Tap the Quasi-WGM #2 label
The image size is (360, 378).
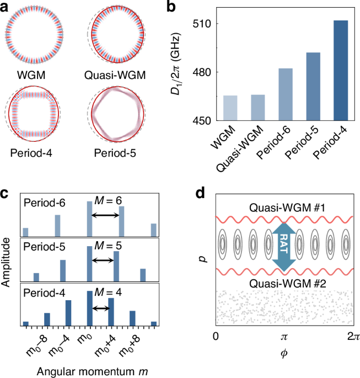tap(281, 283)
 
